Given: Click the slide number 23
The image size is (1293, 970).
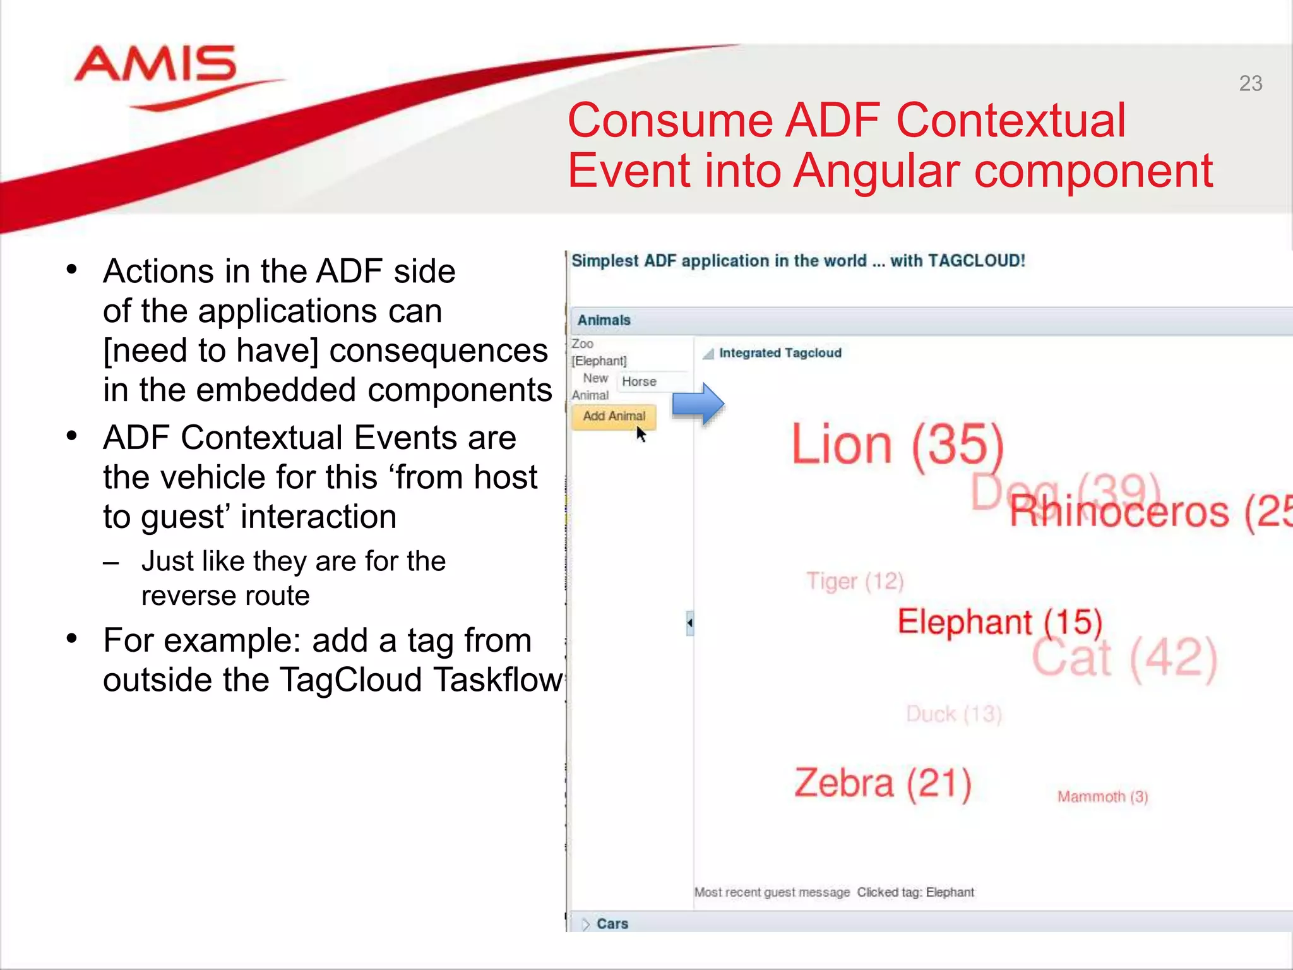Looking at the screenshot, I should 1250,83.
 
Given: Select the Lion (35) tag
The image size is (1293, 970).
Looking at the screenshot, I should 897,444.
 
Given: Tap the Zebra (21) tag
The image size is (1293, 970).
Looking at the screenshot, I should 882,783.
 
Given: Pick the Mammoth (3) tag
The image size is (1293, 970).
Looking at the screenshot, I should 1102,796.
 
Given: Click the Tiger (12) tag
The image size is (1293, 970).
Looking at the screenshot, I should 855,581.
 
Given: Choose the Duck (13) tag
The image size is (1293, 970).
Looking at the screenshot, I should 953,714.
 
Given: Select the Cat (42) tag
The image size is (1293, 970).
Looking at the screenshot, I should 1124,658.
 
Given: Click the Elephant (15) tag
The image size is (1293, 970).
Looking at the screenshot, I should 999,621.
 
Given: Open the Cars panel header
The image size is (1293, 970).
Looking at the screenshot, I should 612,923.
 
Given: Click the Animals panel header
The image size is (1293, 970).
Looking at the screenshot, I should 604,320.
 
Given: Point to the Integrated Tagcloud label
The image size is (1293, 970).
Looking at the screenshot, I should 780,353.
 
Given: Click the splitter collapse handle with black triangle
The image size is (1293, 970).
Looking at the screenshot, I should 689,623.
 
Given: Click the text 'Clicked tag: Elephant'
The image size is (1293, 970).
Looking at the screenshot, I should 915,892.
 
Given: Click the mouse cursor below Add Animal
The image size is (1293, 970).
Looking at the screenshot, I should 641,434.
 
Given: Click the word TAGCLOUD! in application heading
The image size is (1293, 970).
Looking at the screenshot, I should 976,261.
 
